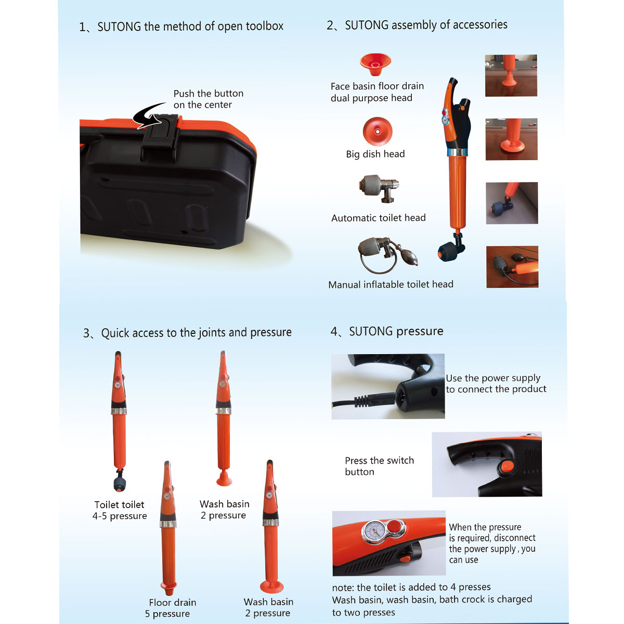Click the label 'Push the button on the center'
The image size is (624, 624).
tap(208, 99)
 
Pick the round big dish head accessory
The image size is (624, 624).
tap(377, 132)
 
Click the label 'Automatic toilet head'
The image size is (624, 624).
tap(378, 218)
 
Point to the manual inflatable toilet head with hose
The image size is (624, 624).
tap(387, 255)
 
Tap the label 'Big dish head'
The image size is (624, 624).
tap(375, 154)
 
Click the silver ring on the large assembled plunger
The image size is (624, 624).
tap(457, 152)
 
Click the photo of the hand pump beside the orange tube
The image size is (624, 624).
tap(512, 267)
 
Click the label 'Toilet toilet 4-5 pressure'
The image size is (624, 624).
tap(119, 510)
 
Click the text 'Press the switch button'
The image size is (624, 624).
tap(379, 466)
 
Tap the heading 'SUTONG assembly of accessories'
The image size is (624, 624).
tap(426, 25)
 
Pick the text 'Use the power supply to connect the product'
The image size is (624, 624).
tap(496, 383)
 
